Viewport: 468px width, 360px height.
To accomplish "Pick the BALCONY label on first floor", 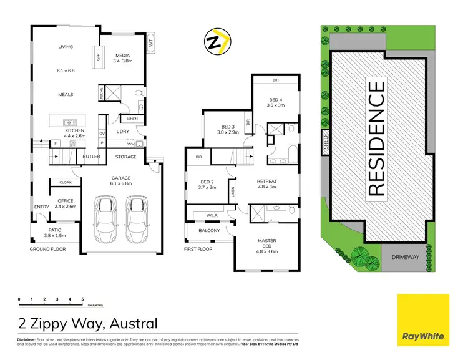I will point(210,231).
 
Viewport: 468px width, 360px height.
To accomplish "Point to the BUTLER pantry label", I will point(91,157).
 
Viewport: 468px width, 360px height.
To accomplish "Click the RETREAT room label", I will point(266,182).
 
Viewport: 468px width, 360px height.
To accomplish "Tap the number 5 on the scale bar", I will point(82,299).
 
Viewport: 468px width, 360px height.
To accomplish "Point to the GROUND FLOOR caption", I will point(47,249).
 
